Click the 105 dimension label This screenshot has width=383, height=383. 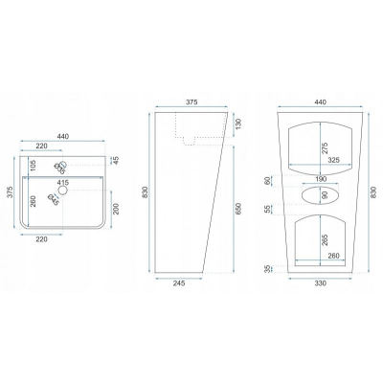point(34,165)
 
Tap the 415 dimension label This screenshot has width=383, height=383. point(62,183)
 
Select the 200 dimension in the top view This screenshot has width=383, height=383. point(116,209)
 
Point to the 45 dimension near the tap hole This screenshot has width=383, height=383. point(116,160)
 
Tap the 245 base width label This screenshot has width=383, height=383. point(179,283)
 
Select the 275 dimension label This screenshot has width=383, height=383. point(325,148)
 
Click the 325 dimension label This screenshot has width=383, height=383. point(334,160)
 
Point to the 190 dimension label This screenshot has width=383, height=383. point(321,179)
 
